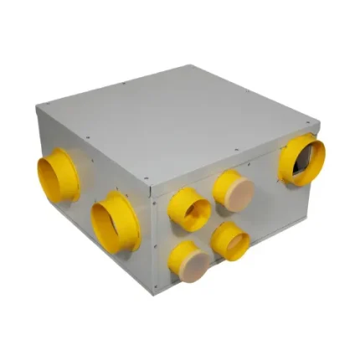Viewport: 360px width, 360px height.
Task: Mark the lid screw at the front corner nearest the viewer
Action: pos(147,180)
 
